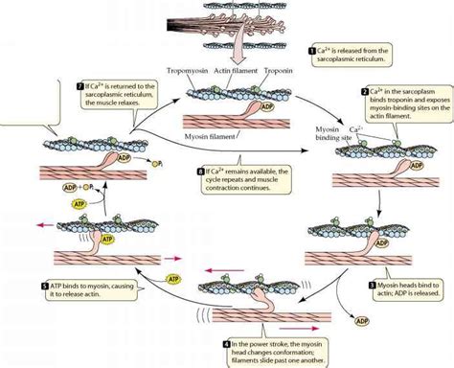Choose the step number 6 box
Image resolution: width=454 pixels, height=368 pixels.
point(199,172)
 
